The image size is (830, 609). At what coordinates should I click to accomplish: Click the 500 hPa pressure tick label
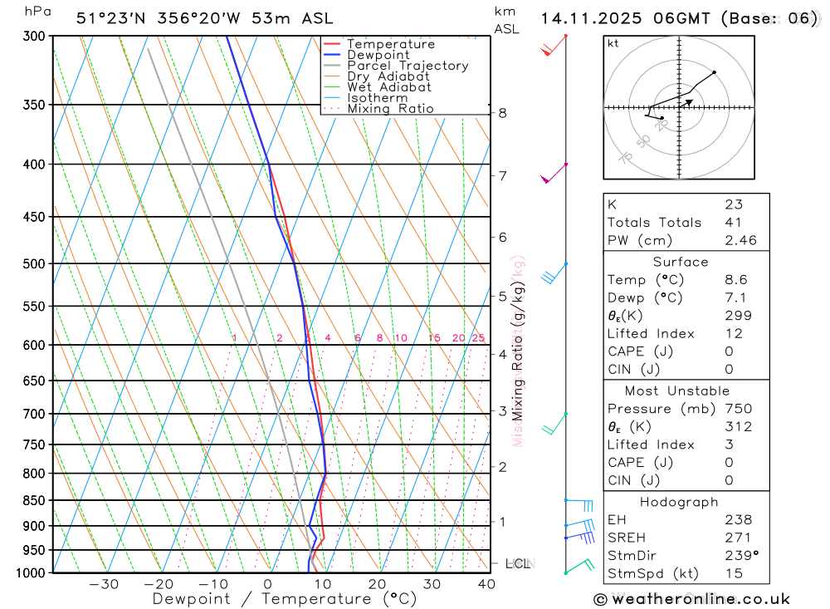click(35, 264)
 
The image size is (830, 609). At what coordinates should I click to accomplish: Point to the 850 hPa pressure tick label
click(35, 501)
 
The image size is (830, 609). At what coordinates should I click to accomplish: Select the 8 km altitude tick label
click(503, 113)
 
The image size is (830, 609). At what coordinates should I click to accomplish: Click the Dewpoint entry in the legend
click(378, 55)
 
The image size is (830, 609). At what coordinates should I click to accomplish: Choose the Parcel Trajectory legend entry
click(408, 66)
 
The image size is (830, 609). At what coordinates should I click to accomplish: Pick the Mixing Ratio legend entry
click(390, 109)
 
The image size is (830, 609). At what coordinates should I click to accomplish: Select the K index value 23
click(734, 204)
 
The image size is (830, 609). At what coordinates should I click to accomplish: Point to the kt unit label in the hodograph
click(613, 44)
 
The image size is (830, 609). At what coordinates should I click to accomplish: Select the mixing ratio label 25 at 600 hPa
click(478, 338)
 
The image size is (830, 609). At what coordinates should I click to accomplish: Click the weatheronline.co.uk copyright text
click(691, 599)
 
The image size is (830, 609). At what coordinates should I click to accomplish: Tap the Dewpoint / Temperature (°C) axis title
click(284, 599)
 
